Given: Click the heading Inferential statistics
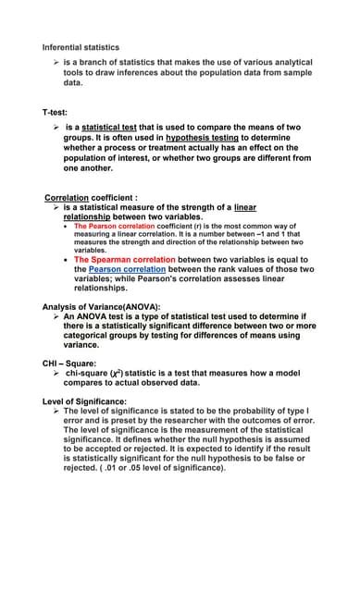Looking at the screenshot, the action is pyautogui.click(x=81, y=47).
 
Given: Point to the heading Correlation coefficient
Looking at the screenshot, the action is pyautogui.click(x=90, y=197).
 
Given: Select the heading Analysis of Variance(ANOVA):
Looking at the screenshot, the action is pyautogui.click(x=102, y=306).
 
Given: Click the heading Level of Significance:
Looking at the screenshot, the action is pyautogui.click(x=85, y=401).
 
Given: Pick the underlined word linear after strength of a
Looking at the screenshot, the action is pyautogui.click(x=245, y=207).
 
